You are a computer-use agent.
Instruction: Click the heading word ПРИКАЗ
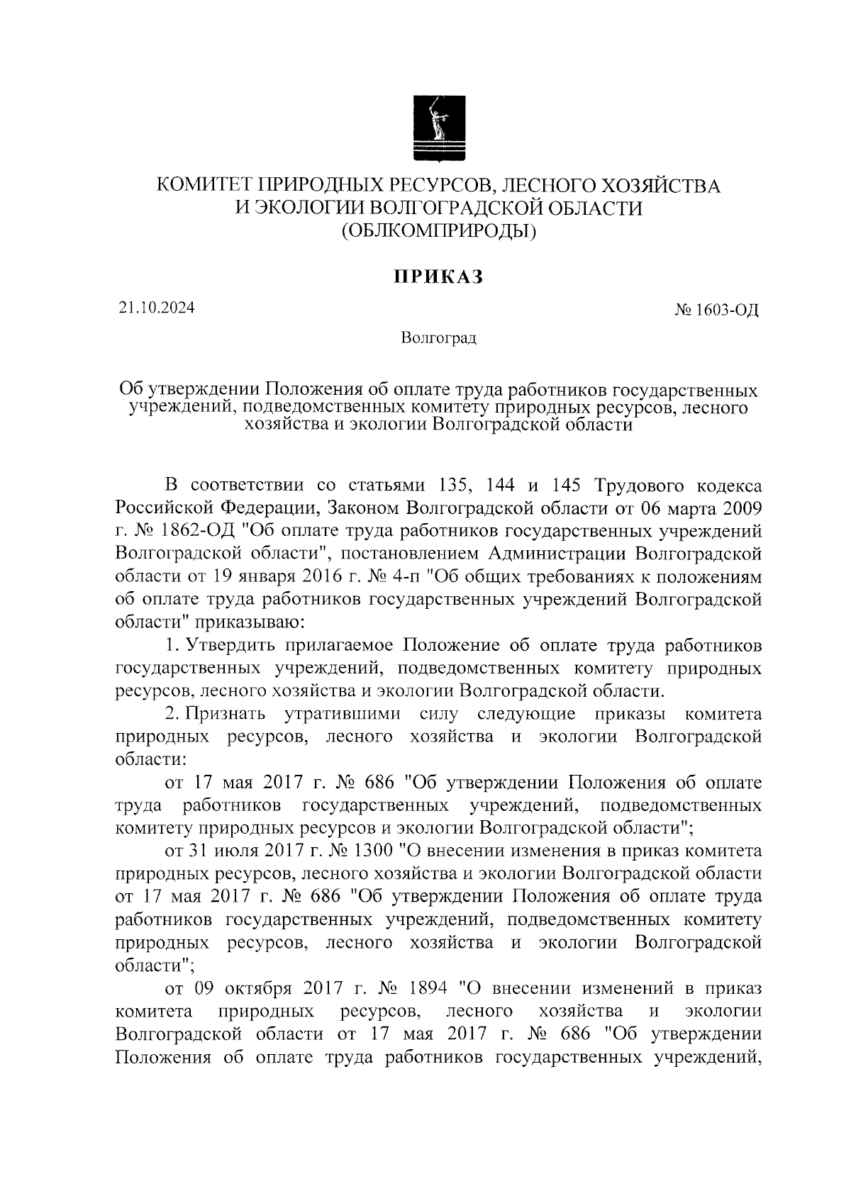(438, 278)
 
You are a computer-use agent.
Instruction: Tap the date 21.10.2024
(156, 308)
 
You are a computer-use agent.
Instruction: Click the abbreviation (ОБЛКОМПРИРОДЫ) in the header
(438, 230)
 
